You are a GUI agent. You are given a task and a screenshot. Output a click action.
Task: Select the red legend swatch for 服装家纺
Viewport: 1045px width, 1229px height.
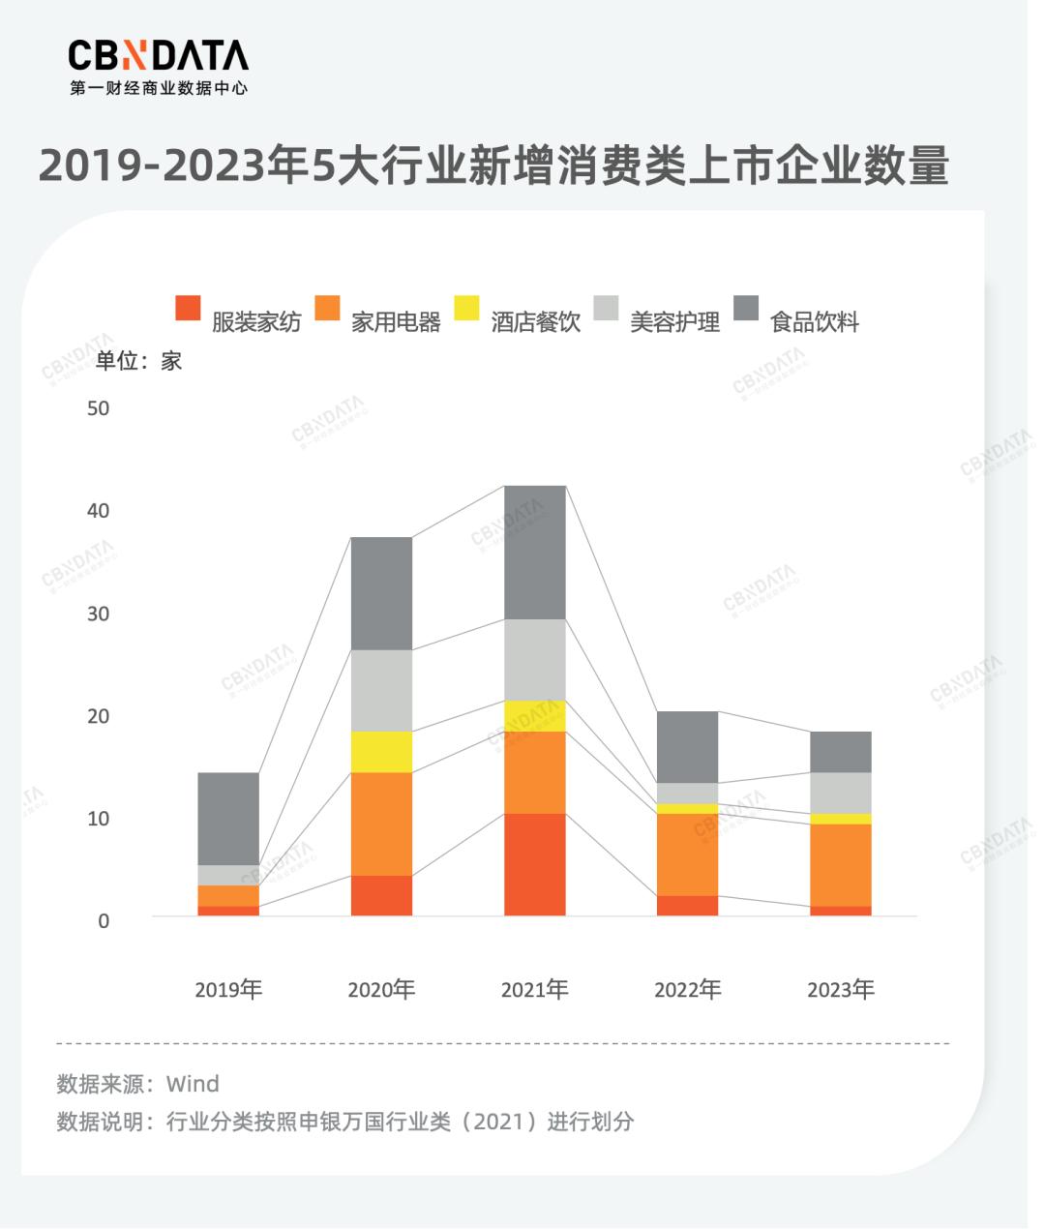188,308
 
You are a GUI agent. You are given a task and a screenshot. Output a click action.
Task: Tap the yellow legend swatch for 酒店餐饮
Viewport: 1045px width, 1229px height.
466,308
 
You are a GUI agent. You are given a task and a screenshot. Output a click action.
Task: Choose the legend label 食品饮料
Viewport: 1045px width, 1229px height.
814,322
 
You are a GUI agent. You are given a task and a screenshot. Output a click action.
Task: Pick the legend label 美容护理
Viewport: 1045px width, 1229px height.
674,322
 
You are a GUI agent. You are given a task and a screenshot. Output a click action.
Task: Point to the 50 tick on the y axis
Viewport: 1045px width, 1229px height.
98,408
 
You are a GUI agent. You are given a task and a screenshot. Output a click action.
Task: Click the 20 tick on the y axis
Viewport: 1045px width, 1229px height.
98,716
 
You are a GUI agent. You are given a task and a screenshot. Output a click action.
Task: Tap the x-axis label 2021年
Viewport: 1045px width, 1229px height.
534,990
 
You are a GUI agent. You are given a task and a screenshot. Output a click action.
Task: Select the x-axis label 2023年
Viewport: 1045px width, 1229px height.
840,990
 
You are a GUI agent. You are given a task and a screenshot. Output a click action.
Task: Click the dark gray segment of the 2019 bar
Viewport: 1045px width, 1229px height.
228,819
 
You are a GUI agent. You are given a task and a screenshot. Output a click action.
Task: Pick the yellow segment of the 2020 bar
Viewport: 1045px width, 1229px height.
381,752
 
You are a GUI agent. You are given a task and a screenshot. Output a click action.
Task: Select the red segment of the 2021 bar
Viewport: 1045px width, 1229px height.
535,864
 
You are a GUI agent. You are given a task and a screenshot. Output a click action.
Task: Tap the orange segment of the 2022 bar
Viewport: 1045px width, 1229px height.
687,854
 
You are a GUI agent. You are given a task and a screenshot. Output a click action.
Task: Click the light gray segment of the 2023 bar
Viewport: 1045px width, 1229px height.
841,793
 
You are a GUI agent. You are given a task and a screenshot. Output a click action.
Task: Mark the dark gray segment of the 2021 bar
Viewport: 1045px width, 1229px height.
535,552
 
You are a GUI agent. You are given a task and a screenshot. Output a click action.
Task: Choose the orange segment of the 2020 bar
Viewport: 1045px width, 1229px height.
381,824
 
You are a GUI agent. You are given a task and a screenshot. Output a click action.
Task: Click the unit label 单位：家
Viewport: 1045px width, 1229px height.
138,361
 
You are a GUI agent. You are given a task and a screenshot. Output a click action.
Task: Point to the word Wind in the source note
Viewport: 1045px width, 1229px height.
193,1084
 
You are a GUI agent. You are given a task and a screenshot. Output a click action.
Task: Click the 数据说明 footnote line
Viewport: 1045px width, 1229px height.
345,1122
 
